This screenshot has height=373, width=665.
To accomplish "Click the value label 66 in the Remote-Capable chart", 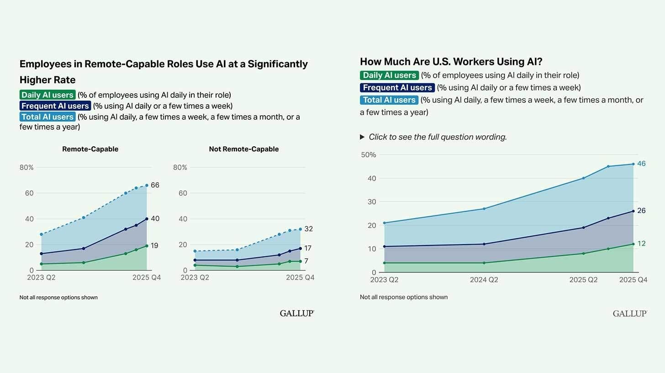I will (x=155, y=185).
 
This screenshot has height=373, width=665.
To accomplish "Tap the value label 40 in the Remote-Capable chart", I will (x=155, y=218).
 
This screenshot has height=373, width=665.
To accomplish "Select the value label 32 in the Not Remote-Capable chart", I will (x=308, y=229).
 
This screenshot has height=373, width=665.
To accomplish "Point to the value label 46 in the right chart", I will (x=641, y=164).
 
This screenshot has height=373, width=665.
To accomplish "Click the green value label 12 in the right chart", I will (x=641, y=244).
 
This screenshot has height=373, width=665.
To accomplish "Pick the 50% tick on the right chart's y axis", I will (x=368, y=155).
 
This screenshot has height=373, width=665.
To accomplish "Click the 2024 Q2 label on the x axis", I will (x=484, y=280).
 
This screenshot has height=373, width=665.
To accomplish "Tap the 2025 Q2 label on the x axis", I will (x=583, y=280).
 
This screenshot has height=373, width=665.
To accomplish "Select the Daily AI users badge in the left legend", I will (x=47, y=95).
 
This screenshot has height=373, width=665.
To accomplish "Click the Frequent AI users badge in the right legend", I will (x=397, y=88).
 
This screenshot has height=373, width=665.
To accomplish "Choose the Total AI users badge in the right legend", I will (x=389, y=100).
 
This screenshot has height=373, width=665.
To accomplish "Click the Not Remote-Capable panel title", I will (x=243, y=149).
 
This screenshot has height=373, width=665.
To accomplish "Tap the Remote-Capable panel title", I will (x=90, y=149).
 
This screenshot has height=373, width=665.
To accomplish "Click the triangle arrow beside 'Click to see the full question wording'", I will (x=362, y=137).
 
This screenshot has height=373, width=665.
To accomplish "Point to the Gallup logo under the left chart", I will (x=297, y=313).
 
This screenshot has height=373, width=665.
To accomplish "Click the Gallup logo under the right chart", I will (x=630, y=313).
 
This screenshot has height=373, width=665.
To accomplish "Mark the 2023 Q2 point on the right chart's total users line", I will (x=384, y=223).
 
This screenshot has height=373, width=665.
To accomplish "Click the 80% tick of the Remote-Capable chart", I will (x=26, y=168).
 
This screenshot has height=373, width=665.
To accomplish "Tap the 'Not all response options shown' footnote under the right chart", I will (x=403, y=297).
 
